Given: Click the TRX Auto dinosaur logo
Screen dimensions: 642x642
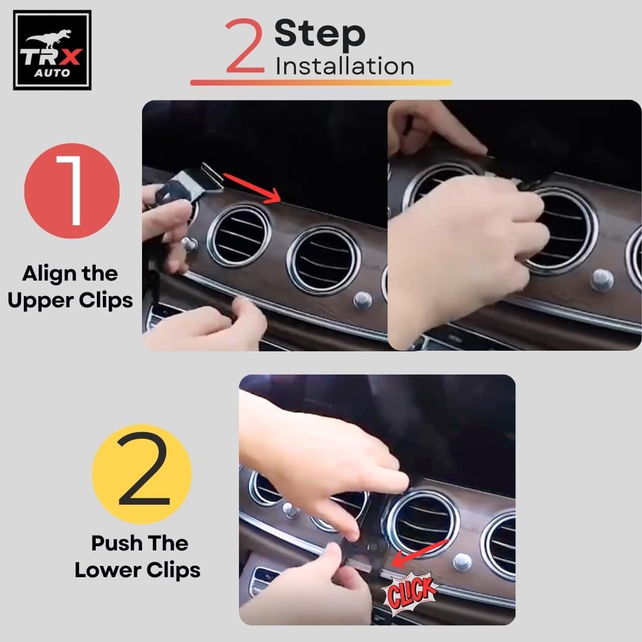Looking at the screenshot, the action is [52, 50].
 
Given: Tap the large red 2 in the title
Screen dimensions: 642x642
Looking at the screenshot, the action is [244, 45].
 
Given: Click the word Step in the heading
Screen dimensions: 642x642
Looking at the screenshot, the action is [320, 34].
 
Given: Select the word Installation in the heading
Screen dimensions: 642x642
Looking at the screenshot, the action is [345, 66].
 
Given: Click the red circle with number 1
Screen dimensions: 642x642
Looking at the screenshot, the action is [72, 190].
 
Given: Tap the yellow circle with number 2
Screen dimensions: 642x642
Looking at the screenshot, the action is [142, 474].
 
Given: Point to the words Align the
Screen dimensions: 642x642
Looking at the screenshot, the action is [70, 273].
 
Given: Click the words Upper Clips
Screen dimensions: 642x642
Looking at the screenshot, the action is [70, 301].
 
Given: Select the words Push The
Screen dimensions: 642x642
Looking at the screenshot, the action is [140, 543].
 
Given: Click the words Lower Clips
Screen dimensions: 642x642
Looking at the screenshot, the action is [137, 570].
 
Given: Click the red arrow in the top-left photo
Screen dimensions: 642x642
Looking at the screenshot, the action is [252, 187].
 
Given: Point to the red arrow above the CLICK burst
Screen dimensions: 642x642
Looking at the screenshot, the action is [420, 553].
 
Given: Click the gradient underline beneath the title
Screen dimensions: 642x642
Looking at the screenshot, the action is [321, 83].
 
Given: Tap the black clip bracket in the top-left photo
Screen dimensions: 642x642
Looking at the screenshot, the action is [189, 184].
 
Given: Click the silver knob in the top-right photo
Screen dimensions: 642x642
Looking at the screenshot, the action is [602, 280].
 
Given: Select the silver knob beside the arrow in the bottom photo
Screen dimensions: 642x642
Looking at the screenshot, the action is [462, 562].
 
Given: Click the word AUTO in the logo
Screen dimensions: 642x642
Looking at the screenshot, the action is [52, 73].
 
